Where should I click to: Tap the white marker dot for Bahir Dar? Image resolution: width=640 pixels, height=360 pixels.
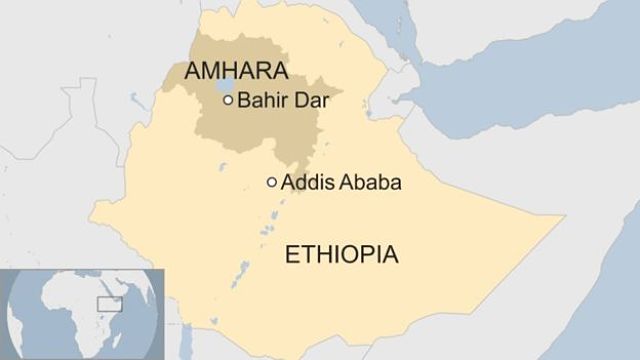(x=228, y=100)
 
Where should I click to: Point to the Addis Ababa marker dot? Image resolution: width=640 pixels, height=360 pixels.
(x=271, y=182)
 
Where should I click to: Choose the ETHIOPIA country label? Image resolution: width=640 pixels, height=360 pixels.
(x=342, y=254)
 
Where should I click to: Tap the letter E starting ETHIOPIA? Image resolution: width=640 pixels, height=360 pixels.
(x=292, y=254)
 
